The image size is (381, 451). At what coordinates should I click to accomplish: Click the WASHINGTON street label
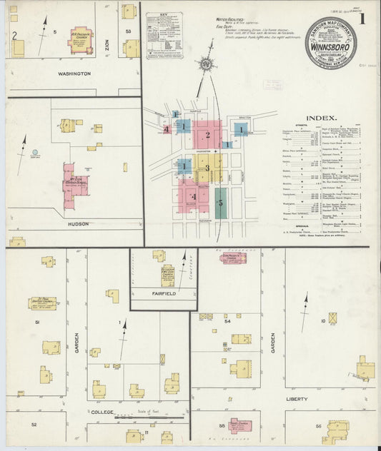(74, 74)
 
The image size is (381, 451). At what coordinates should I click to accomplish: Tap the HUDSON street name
(78, 224)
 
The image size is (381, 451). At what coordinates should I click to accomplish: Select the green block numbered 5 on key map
(221, 203)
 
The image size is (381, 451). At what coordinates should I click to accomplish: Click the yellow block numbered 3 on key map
(208, 168)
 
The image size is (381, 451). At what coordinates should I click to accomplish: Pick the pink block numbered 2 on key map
(208, 135)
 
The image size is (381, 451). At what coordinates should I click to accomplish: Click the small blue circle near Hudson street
(35, 153)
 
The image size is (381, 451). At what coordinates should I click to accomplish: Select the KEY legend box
(164, 34)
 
